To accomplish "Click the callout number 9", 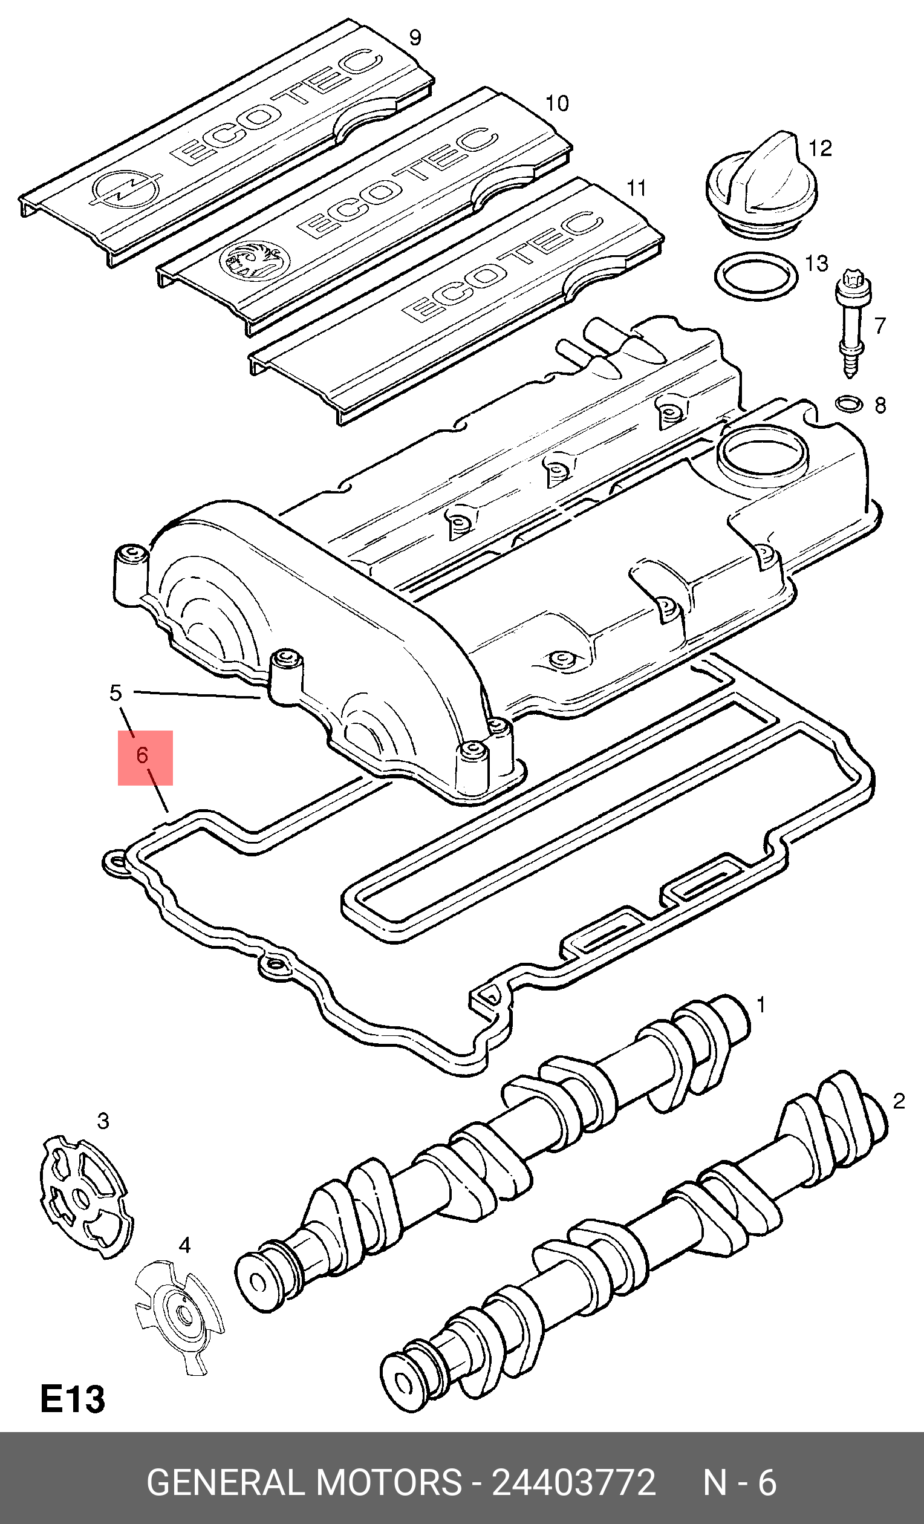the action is point(415,37).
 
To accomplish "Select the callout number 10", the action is point(556,103).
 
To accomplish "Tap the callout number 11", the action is point(636,188).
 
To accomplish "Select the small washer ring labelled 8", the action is point(849,405).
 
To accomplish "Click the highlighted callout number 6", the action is point(143,755).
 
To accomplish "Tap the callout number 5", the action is point(115,692).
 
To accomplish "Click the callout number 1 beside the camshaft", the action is point(761,1005).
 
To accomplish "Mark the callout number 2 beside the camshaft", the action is point(899,1100).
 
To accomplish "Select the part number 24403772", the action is point(573,1482).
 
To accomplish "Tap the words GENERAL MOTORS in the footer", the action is point(304,1482).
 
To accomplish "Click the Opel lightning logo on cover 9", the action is point(126,188).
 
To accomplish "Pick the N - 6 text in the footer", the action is point(740,1482).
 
